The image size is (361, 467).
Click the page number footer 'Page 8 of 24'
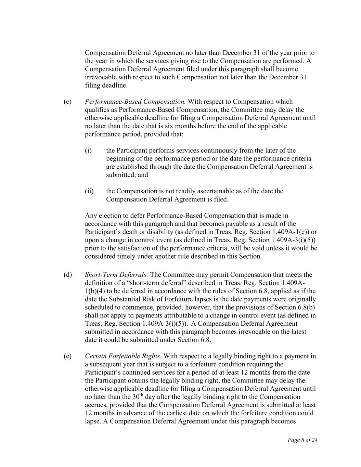(302, 440)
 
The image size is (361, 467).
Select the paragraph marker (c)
(67, 102)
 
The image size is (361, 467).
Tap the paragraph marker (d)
(67, 275)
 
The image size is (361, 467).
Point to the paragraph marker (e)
(67, 356)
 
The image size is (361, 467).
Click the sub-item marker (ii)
(89, 191)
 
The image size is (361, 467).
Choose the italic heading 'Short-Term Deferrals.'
(116, 275)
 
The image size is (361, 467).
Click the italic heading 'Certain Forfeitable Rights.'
(123, 356)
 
